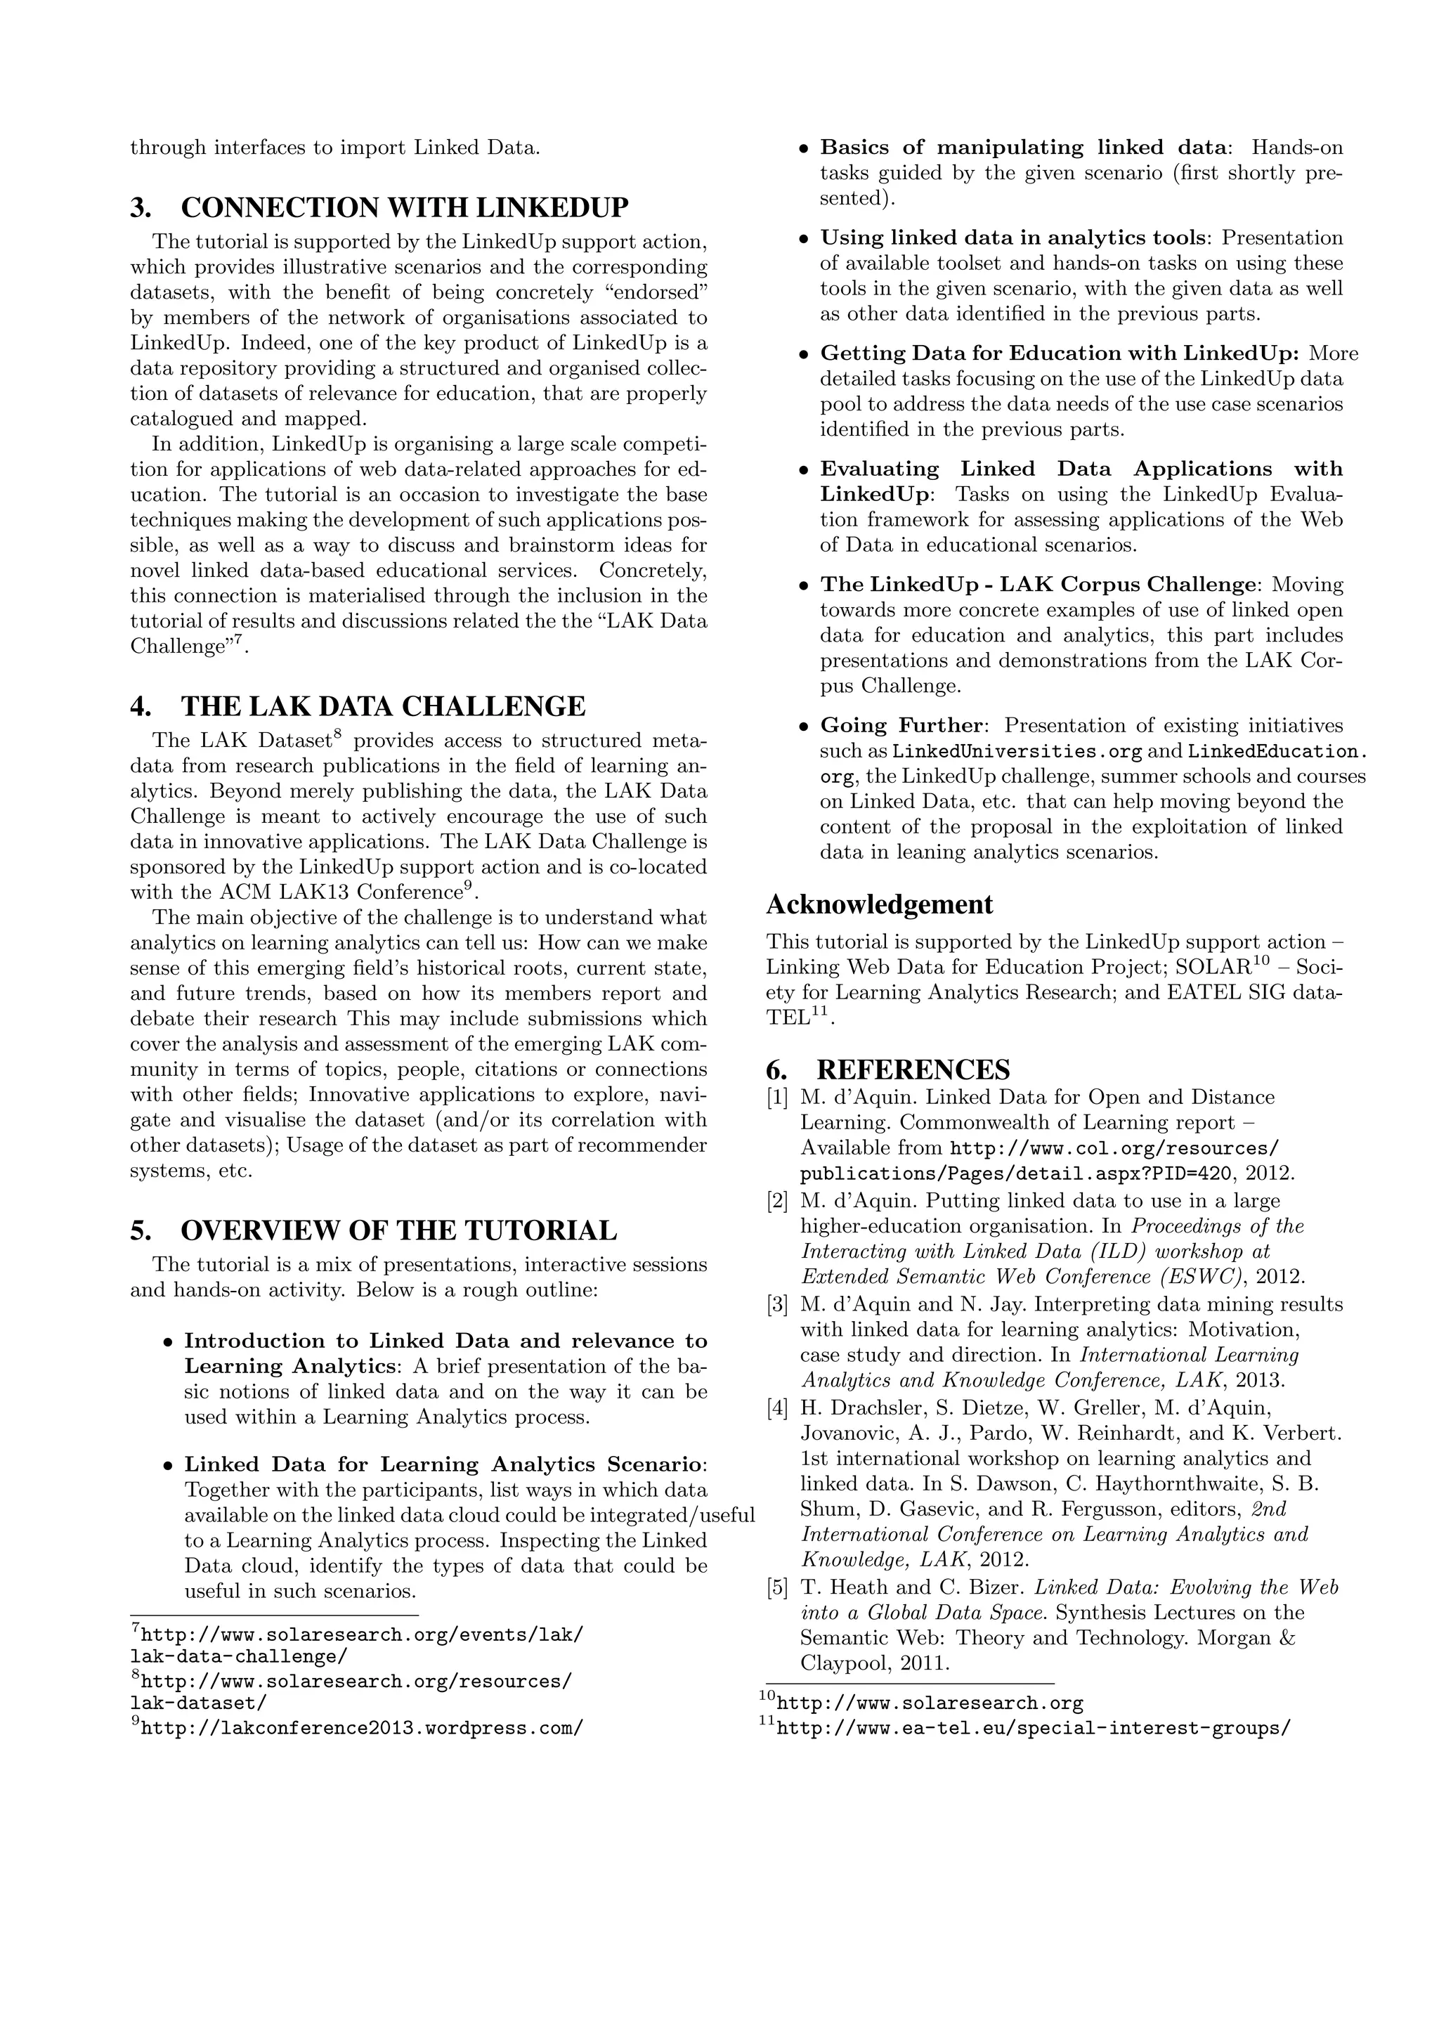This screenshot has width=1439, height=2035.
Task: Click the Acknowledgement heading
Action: (x=879, y=905)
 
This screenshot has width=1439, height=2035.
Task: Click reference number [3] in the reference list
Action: (x=777, y=1305)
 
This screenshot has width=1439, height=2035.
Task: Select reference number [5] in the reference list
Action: (x=777, y=1587)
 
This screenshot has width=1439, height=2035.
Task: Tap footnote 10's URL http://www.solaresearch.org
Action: (x=930, y=1703)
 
